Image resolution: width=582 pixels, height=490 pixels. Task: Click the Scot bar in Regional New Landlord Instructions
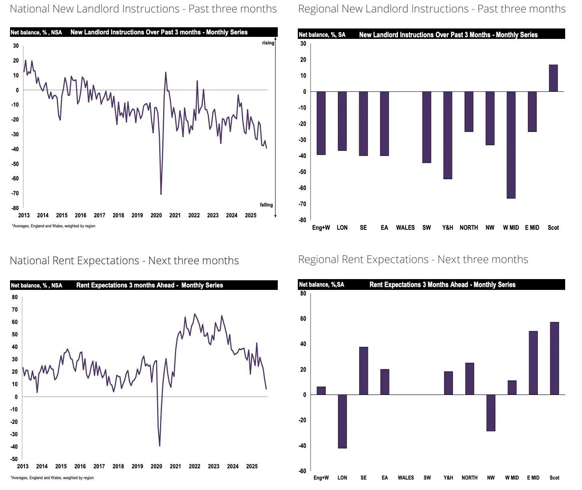(x=553, y=78)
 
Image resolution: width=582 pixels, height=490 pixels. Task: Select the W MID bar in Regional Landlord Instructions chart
(x=511, y=145)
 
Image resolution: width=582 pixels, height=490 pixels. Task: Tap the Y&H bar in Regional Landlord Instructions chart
(x=448, y=135)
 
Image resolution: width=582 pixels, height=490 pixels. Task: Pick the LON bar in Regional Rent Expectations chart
(x=342, y=421)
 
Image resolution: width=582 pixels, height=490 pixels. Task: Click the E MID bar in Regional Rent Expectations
(x=533, y=363)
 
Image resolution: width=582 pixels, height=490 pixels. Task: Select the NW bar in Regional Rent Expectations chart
(x=491, y=413)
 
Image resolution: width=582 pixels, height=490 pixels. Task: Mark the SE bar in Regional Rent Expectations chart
(x=364, y=371)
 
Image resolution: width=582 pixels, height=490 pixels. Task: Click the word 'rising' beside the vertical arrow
(x=268, y=43)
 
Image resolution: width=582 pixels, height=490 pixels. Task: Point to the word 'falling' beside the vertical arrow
(x=266, y=205)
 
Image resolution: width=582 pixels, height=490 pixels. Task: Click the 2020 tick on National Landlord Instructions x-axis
(x=156, y=215)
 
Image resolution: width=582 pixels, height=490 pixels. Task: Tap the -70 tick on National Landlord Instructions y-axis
(x=15, y=193)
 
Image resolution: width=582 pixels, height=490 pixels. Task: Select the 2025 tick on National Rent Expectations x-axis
(x=252, y=466)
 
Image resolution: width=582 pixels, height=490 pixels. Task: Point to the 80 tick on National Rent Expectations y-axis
(x=15, y=297)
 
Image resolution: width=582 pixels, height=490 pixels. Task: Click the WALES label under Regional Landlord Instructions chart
(x=405, y=228)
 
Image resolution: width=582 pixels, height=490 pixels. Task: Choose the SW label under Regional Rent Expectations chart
(x=427, y=478)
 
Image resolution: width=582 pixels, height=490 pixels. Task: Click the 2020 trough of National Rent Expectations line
(x=160, y=445)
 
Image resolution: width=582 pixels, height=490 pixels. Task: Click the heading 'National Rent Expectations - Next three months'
(x=124, y=261)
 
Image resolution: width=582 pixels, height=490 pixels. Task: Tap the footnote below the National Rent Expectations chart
(x=53, y=478)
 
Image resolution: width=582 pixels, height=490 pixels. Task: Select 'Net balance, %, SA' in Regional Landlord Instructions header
(x=322, y=35)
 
